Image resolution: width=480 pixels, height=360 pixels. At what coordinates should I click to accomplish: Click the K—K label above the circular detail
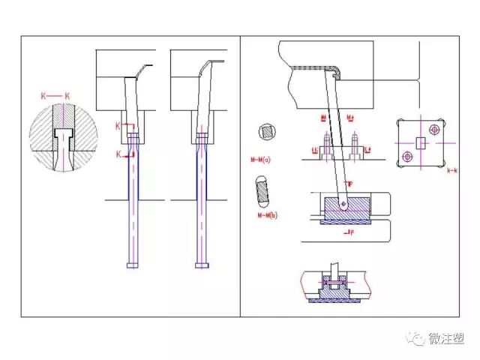coord(57,95)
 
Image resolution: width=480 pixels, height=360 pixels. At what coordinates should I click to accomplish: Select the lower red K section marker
coord(118,153)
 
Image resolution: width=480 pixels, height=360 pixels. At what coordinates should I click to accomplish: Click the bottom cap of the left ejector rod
coord(133,265)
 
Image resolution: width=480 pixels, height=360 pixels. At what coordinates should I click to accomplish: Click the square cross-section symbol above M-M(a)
coord(265,133)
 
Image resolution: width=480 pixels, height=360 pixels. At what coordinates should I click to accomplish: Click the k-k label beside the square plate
coord(452,171)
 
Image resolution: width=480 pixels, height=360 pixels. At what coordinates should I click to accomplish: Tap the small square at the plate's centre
coord(421,142)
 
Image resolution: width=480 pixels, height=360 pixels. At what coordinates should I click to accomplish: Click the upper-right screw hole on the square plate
coord(433,130)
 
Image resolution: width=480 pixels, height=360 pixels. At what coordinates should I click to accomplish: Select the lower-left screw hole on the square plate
coord(408,156)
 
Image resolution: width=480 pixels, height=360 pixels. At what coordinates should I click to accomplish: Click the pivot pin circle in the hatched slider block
coord(343,202)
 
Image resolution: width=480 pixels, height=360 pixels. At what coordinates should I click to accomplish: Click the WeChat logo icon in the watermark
coord(415,340)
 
